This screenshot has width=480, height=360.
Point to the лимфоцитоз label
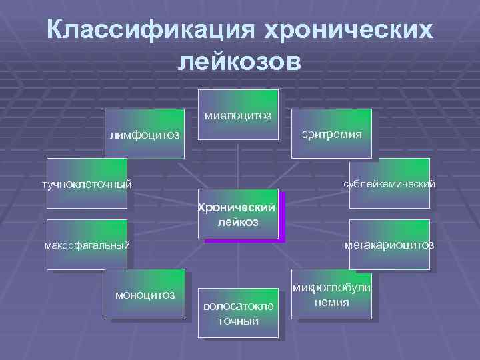click(x=145, y=135)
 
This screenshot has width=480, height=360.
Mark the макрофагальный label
click(x=87, y=246)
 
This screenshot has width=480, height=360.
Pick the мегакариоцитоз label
click(x=389, y=245)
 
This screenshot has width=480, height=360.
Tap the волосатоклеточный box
click(x=238, y=313)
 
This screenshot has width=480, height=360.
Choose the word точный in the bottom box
click(x=238, y=321)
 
